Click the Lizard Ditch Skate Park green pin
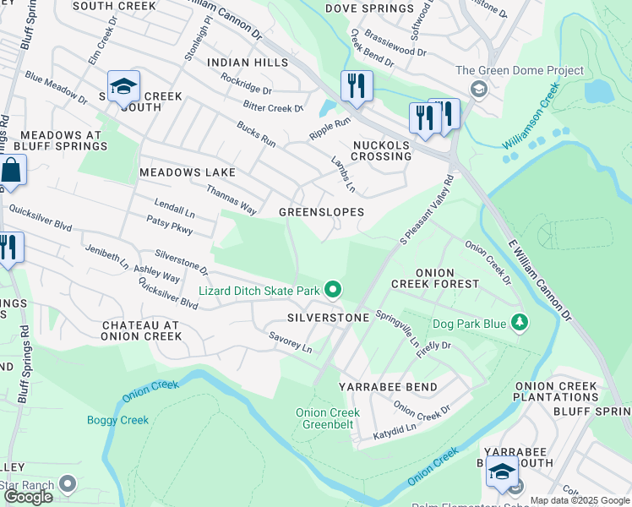click(x=333, y=291)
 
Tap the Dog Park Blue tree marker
click(x=520, y=323)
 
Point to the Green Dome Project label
click(x=520, y=71)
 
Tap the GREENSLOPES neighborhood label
click(x=322, y=212)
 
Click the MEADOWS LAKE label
click(x=188, y=172)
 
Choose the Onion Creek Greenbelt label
click(x=327, y=418)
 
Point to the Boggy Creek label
click(x=117, y=420)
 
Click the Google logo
click(x=28, y=497)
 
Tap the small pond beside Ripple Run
click(x=326, y=108)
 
